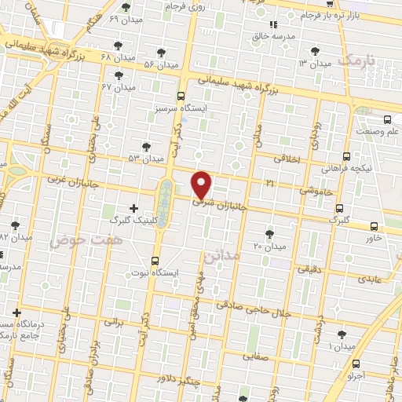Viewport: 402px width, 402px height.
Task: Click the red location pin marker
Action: [x=202, y=185]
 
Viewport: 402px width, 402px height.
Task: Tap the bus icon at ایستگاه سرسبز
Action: [x=181, y=95]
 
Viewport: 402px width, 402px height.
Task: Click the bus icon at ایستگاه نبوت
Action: [x=155, y=260]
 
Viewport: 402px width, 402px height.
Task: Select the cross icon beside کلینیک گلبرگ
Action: [x=133, y=209]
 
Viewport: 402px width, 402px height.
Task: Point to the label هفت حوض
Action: [x=77, y=241]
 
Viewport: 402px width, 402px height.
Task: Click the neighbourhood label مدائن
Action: [x=219, y=255]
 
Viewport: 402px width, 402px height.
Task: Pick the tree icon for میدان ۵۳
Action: [x=146, y=146]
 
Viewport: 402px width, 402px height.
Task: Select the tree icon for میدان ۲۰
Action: [x=270, y=234]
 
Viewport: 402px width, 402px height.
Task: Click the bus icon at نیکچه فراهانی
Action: [x=346, y=156]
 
